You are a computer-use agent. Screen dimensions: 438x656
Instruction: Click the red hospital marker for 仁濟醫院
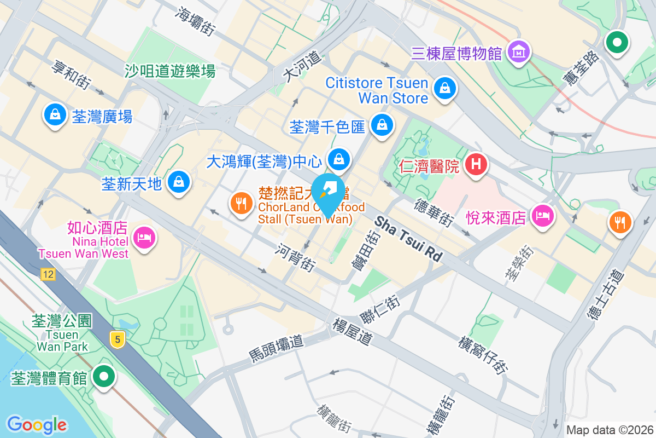(476, 164)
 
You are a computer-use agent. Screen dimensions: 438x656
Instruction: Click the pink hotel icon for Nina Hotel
(145, 238)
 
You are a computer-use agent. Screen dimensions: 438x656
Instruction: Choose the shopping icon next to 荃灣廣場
(55, 114)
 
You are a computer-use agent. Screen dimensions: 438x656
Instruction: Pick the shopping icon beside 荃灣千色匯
(381, 125)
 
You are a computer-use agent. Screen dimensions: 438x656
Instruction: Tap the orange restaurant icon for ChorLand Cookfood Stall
(241, 204)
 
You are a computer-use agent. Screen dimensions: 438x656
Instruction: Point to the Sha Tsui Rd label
(408, 239)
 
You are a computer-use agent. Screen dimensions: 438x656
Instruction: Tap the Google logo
(37, 424)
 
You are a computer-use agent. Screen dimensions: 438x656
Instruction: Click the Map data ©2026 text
(610, 430)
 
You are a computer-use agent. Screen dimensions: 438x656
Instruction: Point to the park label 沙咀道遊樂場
(170, 71)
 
